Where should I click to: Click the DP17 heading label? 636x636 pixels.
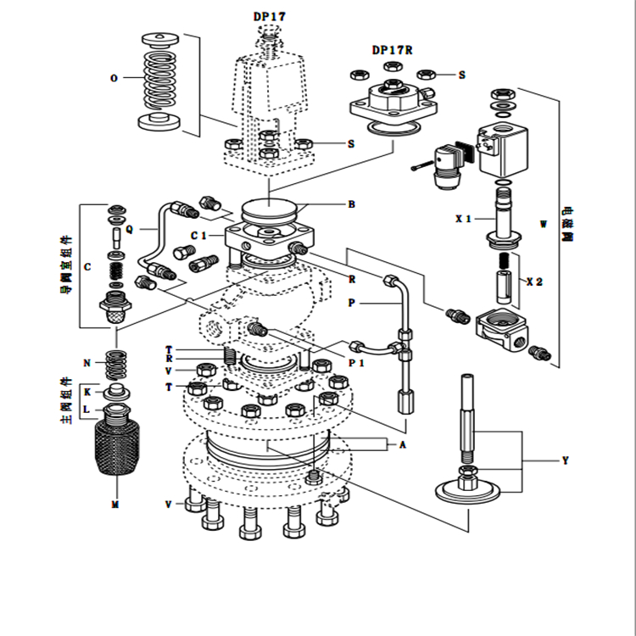click(271, 16)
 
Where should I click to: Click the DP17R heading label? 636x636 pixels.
click(392, 49)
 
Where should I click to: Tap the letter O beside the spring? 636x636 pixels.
click(114, 78)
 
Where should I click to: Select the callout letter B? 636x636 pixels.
click(351, 204)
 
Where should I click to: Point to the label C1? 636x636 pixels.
click(199, 235)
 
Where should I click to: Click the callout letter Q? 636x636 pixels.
click(130, 228)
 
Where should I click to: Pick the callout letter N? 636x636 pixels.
click(86, 363)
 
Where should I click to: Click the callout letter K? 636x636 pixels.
click(86, 392)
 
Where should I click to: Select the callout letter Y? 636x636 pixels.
click(566, 461)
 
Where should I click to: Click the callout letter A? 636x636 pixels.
click(403, 444)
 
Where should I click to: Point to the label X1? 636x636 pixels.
click(462, 219)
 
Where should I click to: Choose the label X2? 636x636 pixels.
click(534, 281)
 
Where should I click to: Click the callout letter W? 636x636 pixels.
click(544, 225)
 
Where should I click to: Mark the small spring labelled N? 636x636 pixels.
click(114, 365)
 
